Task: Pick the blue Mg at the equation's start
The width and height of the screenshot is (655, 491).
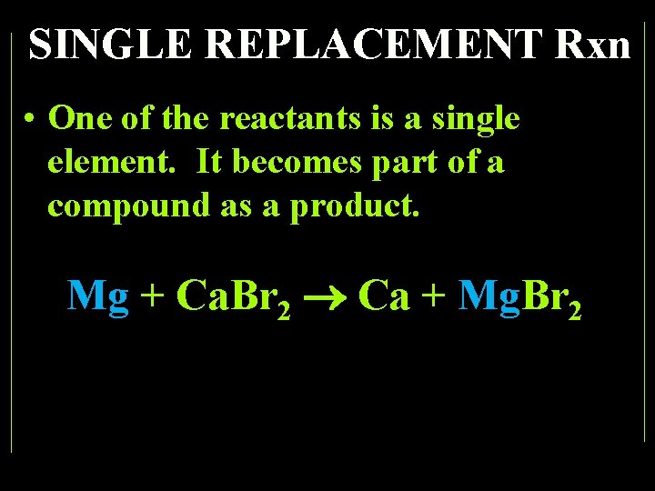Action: tap(98, 296)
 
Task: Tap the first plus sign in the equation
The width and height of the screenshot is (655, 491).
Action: tap(153, 296)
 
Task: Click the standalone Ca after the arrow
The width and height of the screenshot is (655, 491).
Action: tap(385, 296)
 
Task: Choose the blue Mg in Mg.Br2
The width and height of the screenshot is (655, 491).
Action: tap(490, 296)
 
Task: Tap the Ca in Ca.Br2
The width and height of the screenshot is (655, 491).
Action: tap(202, 296)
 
